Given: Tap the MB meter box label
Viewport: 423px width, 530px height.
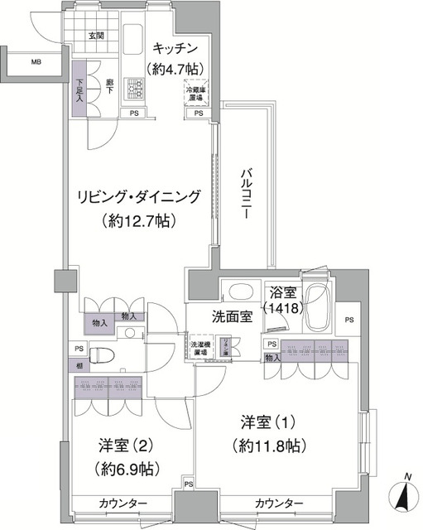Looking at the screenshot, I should [36, 62].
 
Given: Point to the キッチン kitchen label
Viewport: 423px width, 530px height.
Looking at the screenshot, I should [175, 46].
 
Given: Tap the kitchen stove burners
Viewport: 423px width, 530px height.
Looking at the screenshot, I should [135, 87].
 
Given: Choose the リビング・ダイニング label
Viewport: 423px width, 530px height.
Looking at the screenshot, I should [139, 196].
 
